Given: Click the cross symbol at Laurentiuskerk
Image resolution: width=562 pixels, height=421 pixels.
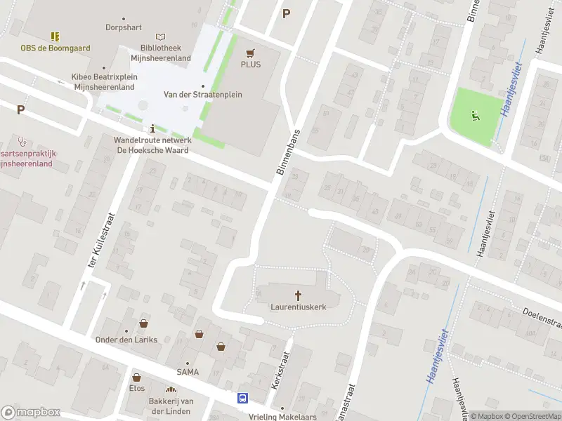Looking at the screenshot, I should tap(297, 295).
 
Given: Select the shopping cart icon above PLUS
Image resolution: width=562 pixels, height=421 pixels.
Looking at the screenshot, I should tap(251, 53).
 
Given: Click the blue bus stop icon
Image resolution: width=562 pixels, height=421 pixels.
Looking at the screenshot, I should tap(243, 399).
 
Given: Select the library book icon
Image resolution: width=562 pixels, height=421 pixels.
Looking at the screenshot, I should tap(161, 36).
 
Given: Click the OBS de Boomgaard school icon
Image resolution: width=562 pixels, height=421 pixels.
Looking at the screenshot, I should tap(55, 36).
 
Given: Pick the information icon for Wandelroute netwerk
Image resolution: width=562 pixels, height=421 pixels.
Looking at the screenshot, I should tap(153, 128).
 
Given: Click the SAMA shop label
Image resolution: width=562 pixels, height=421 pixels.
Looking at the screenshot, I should tap(188, 372).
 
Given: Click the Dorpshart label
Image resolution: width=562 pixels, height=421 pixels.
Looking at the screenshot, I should tap(124, 27).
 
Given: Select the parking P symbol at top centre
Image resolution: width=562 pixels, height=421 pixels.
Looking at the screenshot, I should tap(286, 13).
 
